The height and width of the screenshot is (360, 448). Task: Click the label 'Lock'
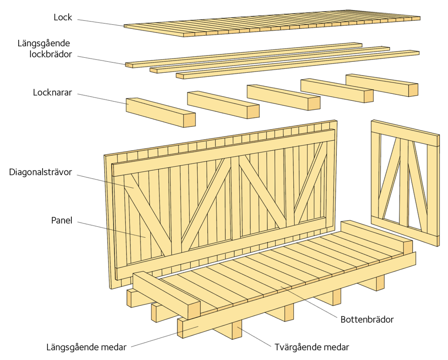[x=63, y=18]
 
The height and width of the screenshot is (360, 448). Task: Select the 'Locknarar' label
[x=53, y=93]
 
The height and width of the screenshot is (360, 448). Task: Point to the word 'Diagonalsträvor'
[x=40, y=173]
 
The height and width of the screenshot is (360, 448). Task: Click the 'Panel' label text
[x=62, y=220]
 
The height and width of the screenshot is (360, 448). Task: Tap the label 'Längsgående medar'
[x=86, y=347]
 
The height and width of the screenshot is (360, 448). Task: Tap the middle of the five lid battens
[x=276, y=98]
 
